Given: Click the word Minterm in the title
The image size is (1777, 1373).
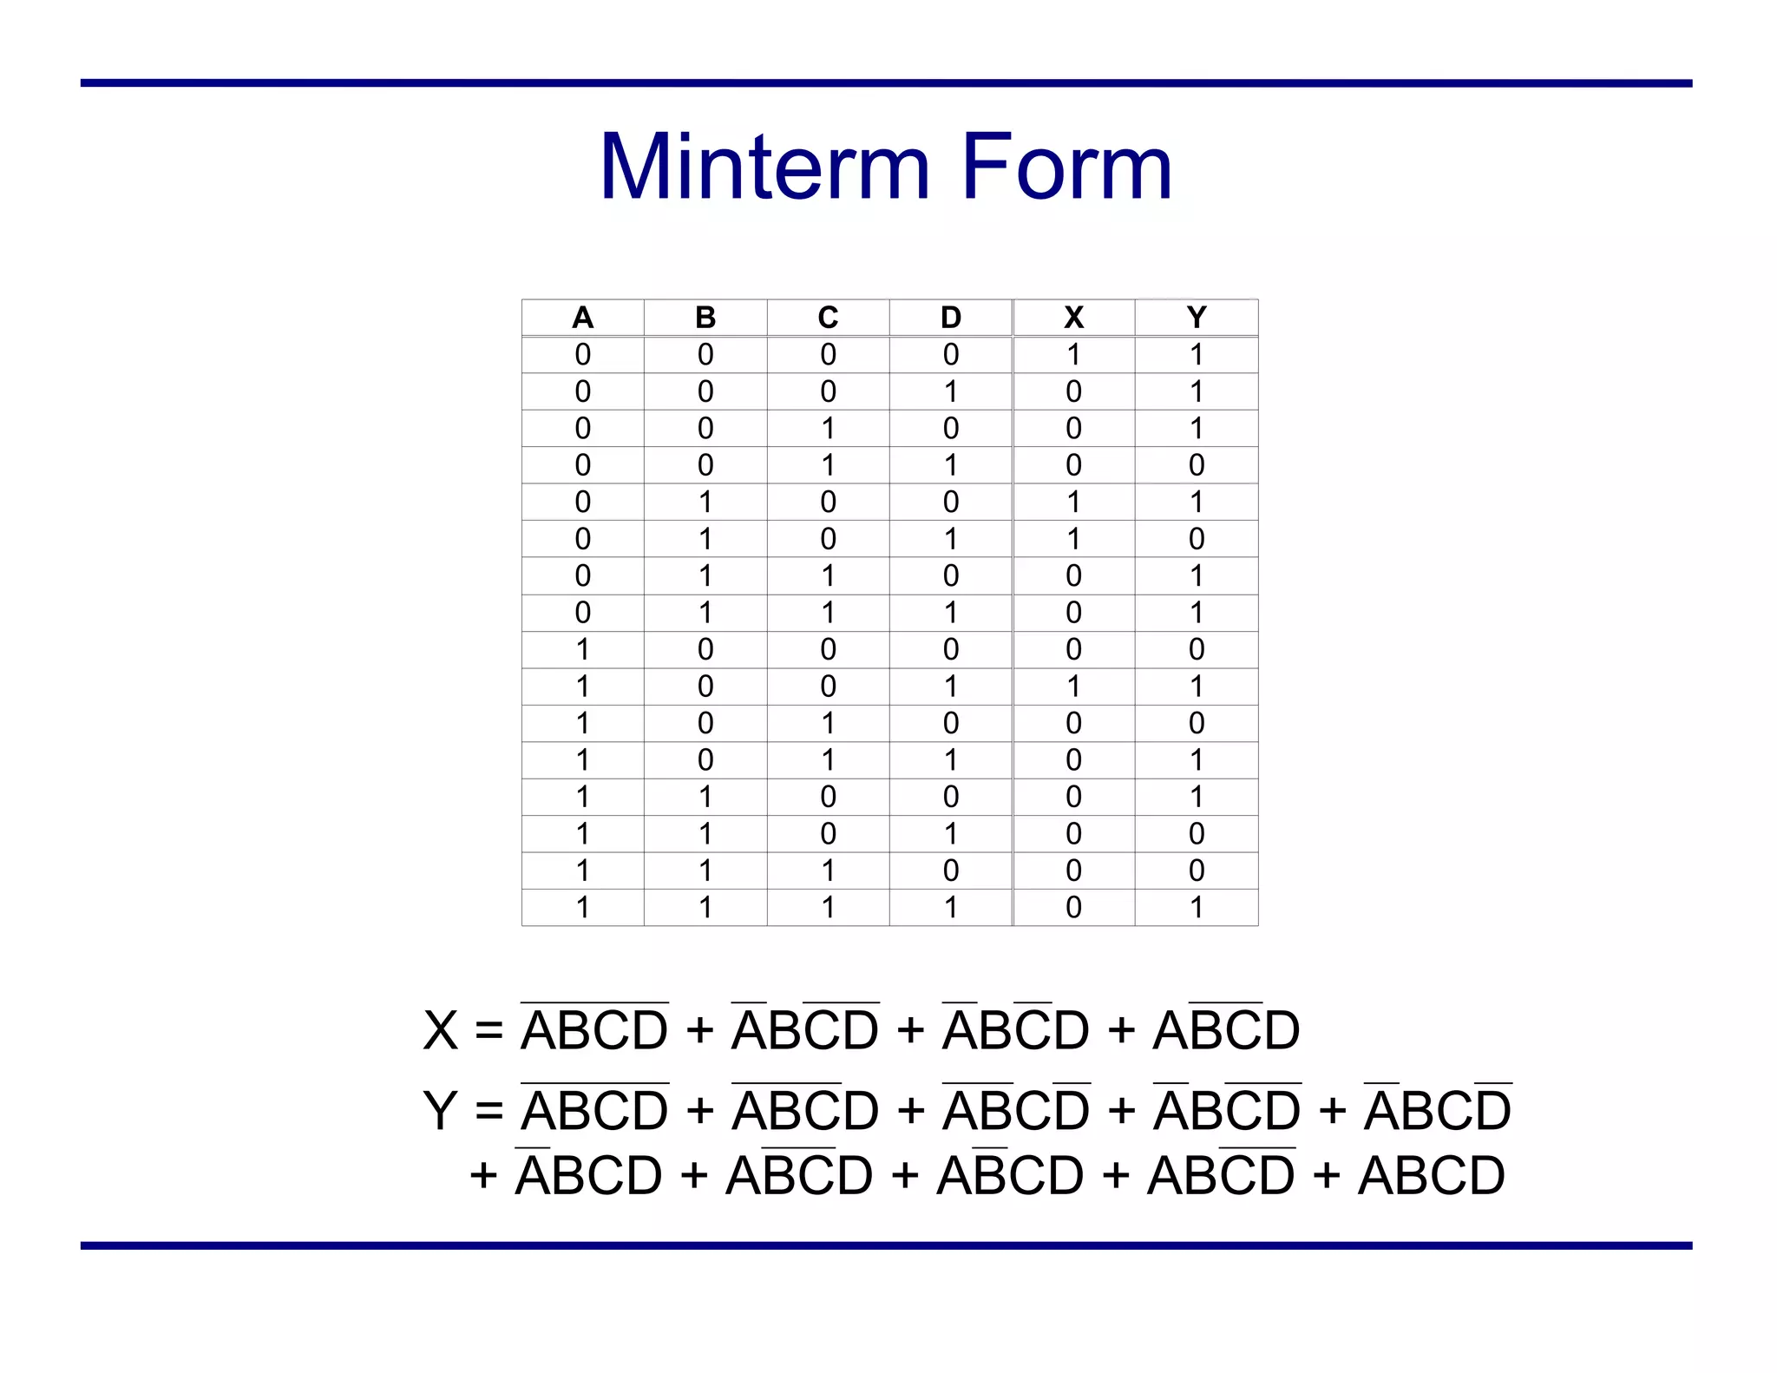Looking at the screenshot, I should pos(764,167).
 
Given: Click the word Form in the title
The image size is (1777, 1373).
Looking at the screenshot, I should pos(1066,167).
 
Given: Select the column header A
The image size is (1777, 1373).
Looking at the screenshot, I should pos(582,318).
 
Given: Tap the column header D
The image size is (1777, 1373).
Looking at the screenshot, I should pos(951,318).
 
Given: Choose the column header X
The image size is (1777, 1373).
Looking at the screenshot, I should pos(1073,318).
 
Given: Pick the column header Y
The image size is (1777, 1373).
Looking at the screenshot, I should pos(1197,318).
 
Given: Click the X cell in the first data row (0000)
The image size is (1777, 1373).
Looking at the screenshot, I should pos(1073,355).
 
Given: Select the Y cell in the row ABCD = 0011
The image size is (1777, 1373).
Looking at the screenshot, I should pos(1197,465).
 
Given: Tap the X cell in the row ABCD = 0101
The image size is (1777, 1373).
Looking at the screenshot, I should pos(1073,539).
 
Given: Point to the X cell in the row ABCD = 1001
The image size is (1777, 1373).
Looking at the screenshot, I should pos(1073,686).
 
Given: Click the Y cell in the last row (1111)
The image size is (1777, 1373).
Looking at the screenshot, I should pos(1197,908).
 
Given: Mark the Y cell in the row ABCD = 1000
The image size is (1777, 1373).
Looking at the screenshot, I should pos(1197,649).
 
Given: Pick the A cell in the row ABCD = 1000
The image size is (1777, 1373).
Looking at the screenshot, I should pos(582,649).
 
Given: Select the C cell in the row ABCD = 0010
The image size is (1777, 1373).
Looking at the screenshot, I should pos(828,429).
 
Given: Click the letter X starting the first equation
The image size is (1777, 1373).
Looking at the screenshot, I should pos(440,1031).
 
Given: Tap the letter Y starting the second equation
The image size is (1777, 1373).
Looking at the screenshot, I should pos(440,1111).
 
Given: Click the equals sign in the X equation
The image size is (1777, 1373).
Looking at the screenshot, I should pos(489,1031).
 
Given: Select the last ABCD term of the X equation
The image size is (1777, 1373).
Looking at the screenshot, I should pos(1226,1029).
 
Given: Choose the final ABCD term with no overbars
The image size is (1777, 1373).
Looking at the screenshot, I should pos(1431,1176).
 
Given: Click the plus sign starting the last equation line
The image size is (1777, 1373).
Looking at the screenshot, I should pos(483,1177).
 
